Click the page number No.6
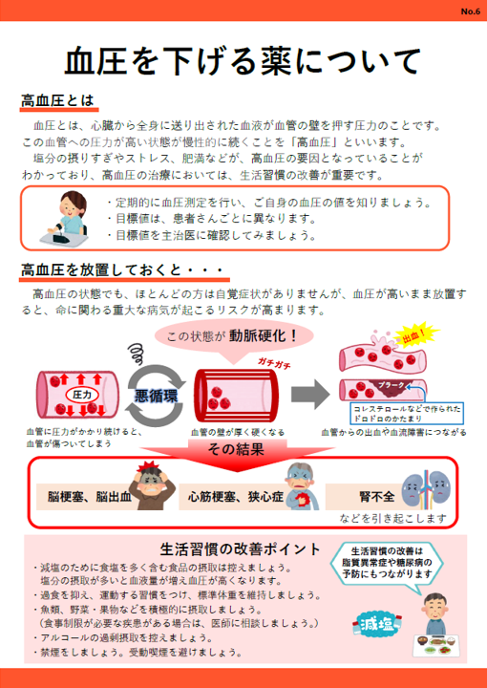471,11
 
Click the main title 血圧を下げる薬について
243,62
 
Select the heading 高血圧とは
57,100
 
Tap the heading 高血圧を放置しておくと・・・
123,269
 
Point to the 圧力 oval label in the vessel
82,395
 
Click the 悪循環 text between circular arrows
156,396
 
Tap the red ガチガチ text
274,364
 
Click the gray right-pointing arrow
310,394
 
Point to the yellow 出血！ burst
414,337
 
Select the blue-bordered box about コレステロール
407,414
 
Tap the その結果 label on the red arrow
236,450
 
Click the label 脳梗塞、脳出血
90,497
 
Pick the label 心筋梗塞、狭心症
236,497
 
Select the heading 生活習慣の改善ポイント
241,548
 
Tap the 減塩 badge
376,623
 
